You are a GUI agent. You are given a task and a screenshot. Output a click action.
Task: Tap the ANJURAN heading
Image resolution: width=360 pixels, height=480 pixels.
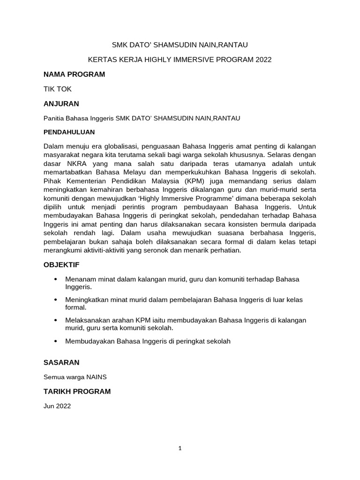(61, 104)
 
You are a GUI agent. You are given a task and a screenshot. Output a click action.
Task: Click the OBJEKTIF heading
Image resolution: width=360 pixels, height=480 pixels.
(61, 265)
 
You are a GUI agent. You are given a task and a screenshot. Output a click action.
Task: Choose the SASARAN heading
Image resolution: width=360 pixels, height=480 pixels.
(61, 362)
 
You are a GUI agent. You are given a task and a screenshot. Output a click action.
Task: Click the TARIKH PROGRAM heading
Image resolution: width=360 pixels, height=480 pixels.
(77, 391)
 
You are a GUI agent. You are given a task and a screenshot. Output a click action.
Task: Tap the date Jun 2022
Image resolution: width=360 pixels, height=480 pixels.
(57, 406)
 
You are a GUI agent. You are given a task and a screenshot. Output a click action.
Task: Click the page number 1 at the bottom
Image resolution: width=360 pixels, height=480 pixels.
(180, 448)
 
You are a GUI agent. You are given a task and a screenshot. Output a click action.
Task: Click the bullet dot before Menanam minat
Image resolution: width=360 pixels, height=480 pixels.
(56, 279)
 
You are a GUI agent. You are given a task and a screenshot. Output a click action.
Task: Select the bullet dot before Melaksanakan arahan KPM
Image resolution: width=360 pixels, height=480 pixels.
(56, 320)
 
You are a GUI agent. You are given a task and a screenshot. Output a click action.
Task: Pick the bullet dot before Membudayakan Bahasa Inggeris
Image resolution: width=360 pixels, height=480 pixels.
(56, 342)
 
